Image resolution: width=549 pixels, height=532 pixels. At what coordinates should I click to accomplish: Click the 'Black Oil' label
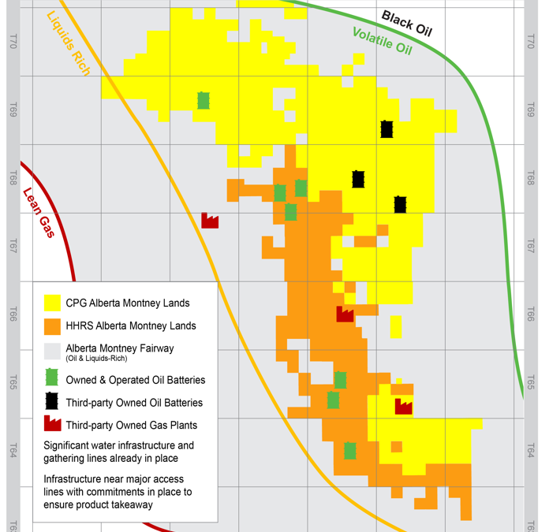tap(407, 24)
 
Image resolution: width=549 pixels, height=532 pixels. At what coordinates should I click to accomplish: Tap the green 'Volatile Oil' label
tap(383, 40)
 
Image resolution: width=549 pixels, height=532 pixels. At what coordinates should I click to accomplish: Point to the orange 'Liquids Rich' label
tap(68, 43)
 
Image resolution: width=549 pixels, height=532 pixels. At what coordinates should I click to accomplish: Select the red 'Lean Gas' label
tap(38, 212)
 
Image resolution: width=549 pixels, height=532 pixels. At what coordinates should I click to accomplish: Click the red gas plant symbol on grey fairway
tap(210, 221)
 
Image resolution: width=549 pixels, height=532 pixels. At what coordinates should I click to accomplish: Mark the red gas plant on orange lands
tap(345, 314)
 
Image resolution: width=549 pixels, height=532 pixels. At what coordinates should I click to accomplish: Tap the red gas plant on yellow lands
tap(403, 406)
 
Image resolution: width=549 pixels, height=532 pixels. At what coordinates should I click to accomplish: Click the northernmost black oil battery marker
tap(387, 129)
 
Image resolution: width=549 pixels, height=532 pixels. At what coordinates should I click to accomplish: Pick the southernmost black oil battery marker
tap(400, 204)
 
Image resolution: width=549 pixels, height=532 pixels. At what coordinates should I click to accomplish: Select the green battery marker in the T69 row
tap(204, 100)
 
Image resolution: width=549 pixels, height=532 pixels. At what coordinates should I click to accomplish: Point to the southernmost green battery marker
tap(349, 450)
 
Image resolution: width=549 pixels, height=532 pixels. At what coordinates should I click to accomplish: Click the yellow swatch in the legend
tap(52, 303)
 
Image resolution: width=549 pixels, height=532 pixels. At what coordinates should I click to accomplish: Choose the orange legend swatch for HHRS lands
tap(52, 326)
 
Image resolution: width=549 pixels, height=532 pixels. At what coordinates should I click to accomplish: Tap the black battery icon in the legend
tap(52, 401)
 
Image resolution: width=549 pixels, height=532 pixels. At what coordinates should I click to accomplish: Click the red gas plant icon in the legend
tap(52, 424)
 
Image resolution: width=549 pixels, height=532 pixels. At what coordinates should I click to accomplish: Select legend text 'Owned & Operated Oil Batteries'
tap(135, 380)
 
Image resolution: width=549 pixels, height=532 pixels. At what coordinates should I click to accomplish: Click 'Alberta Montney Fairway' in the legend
tap(120, 348)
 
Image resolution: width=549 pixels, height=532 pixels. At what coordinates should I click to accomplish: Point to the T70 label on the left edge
tap(13, 42)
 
